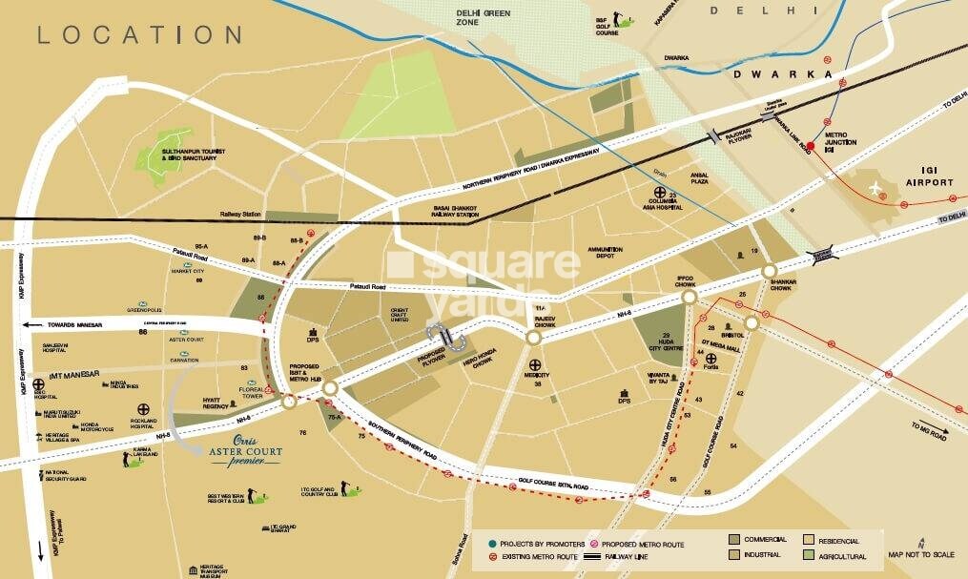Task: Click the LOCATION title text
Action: (x=139, y=35)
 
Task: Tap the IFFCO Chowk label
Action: (x=689, y=281)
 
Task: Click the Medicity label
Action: (x=537, y=375)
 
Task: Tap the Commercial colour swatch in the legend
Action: (x=735, y=540)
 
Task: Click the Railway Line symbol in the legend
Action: (x=583, y=555)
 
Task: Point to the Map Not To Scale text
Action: (x=920, y=555)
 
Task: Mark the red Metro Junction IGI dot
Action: (x=811, y=146)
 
